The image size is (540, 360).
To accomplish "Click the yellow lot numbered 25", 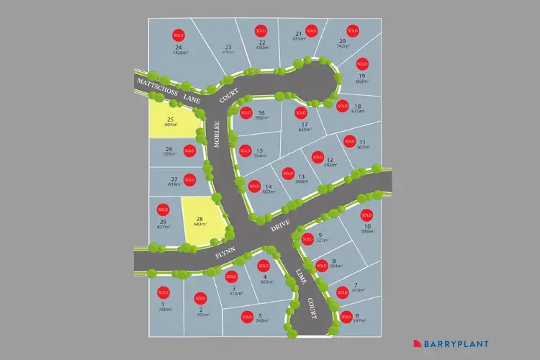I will point(173,119).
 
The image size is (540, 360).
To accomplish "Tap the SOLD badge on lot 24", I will point(179,35).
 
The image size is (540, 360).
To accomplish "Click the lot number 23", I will point(228,47).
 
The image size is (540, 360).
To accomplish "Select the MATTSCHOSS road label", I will point(153,84).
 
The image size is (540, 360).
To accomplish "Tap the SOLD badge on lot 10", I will point(366,215).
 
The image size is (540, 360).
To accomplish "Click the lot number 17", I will point(304,124).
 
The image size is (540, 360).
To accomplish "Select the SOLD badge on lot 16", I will point(246,113).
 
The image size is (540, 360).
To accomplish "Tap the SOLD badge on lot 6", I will point(346,316).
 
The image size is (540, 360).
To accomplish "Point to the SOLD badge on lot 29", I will point(162,210).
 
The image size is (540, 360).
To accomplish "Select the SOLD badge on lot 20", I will point(353,30).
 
